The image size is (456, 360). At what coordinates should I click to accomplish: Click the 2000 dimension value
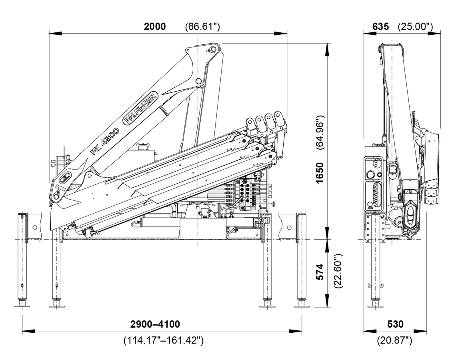(155, 26)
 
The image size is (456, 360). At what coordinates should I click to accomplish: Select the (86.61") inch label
(202, 27)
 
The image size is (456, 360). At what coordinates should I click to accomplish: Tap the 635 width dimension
(380, 26)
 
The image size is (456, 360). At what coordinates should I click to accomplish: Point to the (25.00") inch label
(416, 27)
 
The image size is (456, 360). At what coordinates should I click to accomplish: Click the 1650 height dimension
(320, 173)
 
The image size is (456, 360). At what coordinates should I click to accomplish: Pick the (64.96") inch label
(320, 132)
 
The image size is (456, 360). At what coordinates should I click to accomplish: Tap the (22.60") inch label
(338, 271)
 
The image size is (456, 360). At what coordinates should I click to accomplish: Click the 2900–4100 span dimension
(156, 324)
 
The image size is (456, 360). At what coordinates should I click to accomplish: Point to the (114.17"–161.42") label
(164, 341)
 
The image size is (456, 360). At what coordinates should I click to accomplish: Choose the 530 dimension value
(395, 324)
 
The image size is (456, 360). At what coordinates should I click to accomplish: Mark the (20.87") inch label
(394, 341)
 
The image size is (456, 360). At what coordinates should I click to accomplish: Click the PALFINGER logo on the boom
(141, 108)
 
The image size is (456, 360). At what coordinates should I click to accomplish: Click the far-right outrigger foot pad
(302, 306)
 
